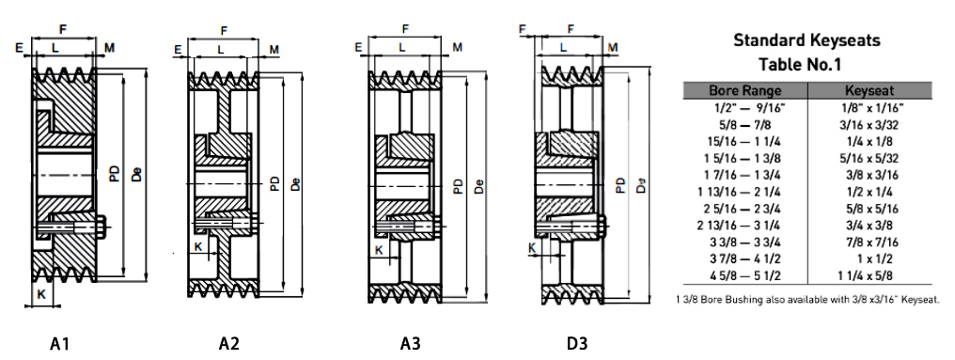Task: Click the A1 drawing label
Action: [x=59, y=344]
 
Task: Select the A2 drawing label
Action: [x=229, y=344]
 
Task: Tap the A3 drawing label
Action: [x=410, y=344]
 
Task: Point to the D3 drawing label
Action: [x=577, y=344]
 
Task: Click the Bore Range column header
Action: [x=744, y=91]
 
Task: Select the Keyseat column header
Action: [x=869, y=91]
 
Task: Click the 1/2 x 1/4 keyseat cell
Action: [x=869, y=192]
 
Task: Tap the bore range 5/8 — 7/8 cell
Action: [x=744, y=125]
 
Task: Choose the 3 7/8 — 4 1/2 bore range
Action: [x=744, y=258]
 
